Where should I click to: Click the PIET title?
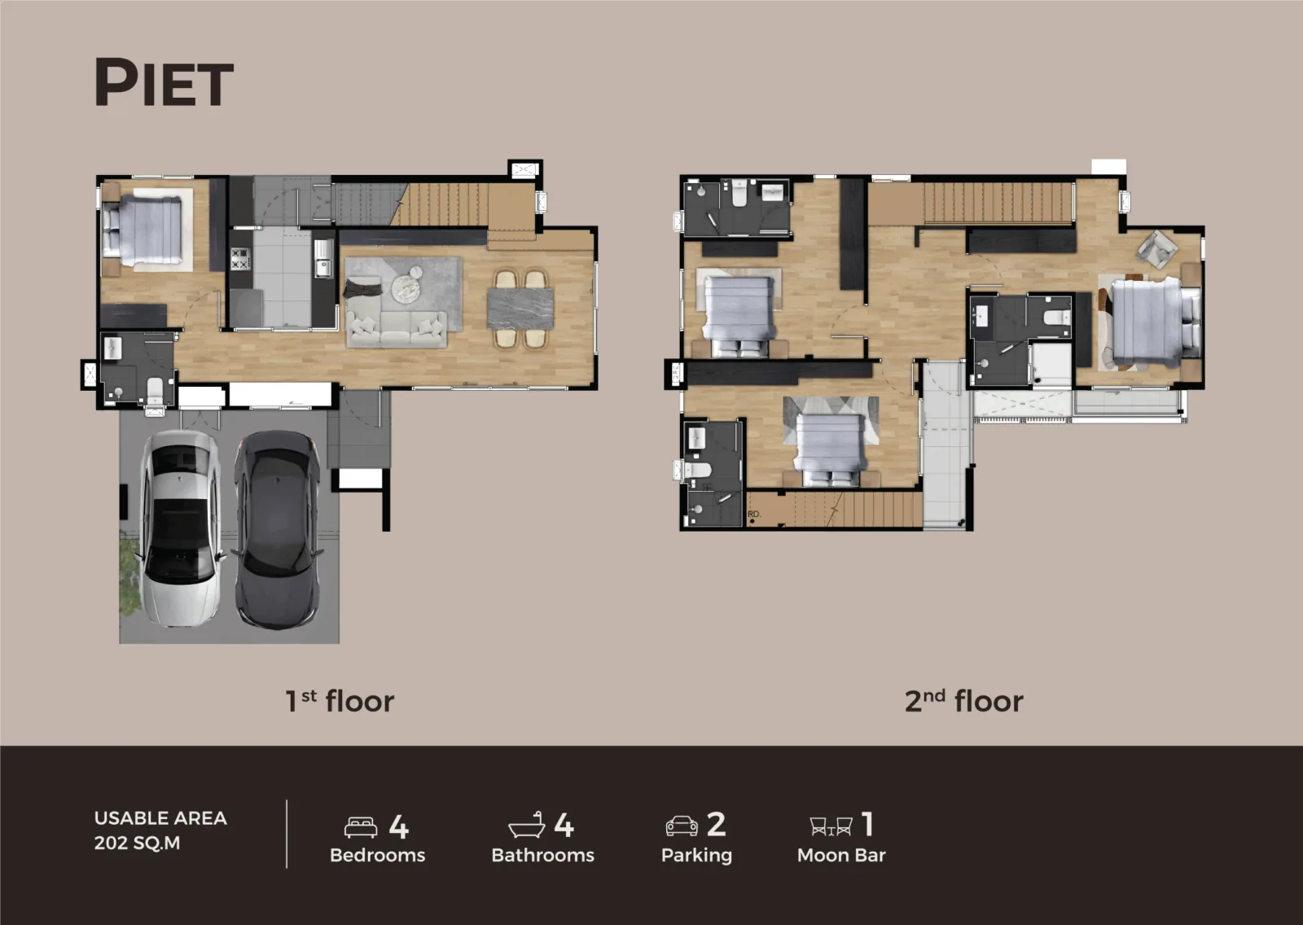pos(164,82)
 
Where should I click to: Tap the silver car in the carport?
pos(180,528)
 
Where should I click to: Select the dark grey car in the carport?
pos(277,528)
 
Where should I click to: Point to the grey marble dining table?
pos(520,309)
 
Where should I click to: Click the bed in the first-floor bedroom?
pos(143,230)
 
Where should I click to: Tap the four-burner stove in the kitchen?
pos(240,259)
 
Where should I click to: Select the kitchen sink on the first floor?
pos(322,259)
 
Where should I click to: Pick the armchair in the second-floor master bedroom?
pos(1157,248)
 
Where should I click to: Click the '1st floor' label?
pos(340,701)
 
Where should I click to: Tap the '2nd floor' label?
pos(964,701)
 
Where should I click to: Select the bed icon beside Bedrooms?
pos(361,827)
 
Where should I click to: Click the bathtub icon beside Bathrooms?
pos(526,826)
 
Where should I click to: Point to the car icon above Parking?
pos(682,826)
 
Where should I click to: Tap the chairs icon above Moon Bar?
pos(831,826)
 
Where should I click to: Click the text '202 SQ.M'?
pos(138,843)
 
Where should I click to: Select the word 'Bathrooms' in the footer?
pos(542,855)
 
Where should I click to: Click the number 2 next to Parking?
pos(716,824)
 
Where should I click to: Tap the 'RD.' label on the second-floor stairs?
pos(754,515)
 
